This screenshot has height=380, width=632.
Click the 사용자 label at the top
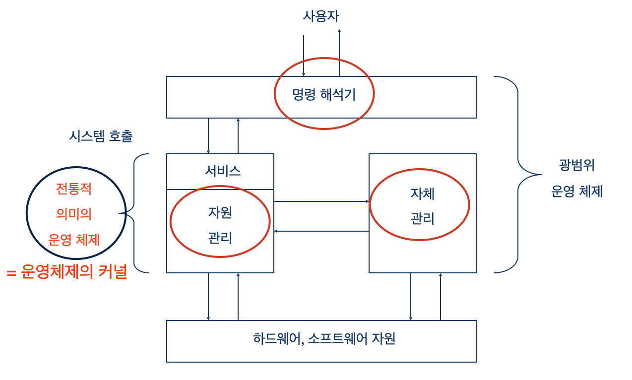tap(321, 16)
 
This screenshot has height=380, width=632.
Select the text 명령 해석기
tap(324, 94)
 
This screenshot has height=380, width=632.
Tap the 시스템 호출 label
tap(101, 136)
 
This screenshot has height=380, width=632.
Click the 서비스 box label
tap(223, 171)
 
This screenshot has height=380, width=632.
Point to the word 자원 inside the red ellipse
tap(220, 212)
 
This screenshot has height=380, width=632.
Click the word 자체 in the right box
tap(423, 193)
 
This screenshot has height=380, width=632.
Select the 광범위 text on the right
tap(577, 165)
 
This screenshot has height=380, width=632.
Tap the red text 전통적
tap(74, 189)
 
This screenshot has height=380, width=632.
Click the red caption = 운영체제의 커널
tap(67, 272)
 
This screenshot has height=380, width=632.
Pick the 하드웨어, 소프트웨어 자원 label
tap(324, 339)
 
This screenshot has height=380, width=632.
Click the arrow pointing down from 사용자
tap(304, 55)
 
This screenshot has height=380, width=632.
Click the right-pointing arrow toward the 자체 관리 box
tap(321, 201)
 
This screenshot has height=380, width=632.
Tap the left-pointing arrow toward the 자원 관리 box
tap(321, 231)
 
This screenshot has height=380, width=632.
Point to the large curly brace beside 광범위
tap(518, 174)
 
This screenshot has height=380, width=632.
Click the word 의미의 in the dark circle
tap(74, 214)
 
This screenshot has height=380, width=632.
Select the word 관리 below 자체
tap(423, 218)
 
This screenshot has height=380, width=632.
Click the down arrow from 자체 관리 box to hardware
tap(411, 296)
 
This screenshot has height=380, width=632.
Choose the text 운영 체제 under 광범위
tap(577, 191)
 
